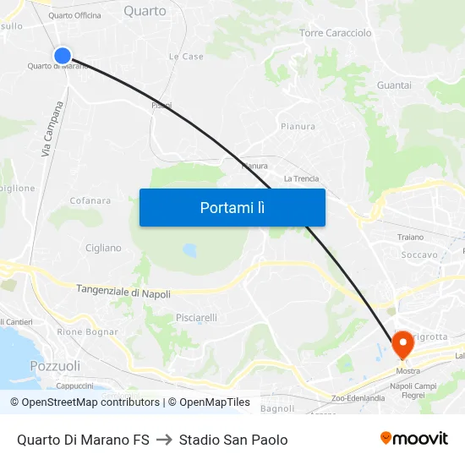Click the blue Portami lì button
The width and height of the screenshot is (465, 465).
pos(232,207)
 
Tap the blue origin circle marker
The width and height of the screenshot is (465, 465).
pos(63,56)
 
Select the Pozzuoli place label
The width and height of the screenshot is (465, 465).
pos(55,366)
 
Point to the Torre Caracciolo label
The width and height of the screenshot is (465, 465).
pos(336,33)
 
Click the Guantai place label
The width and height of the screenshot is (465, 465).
pos(394,85)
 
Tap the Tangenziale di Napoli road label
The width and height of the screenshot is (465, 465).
pos(123,292)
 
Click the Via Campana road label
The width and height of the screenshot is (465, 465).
pos(52,129)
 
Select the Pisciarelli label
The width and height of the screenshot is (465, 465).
pos(196,318)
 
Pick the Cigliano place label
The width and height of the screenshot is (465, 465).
pos(103,248)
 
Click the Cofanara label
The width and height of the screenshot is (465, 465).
pos(90,200)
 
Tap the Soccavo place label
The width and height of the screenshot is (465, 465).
pos(419,254)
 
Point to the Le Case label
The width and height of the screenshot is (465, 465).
pos(186,57)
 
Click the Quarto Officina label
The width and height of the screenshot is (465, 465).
pos(74,15)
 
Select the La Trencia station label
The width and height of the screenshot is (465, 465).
pos(301,178)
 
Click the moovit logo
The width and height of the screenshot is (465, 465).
pos(414,438)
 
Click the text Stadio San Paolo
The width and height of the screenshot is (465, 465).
pos(233,440)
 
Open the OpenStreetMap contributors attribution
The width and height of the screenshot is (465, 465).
pos(85,402)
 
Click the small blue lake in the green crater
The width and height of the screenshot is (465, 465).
pos(189,250)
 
